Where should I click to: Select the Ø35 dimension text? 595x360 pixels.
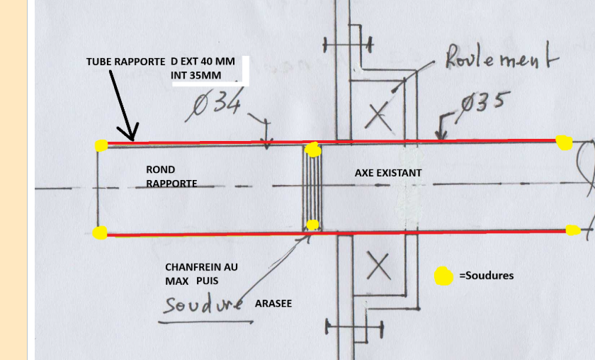482,103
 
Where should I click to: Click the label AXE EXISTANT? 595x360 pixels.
387,172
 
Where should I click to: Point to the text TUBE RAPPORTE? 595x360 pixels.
125,62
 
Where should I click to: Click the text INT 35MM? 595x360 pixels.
195,74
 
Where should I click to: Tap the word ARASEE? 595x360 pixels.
273,303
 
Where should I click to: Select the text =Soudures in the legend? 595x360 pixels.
486,276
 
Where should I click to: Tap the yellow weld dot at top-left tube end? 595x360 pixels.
101,145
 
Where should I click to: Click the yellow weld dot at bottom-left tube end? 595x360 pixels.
101,232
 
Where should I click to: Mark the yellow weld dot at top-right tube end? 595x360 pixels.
564,142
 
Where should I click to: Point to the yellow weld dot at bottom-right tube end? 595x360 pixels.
573,230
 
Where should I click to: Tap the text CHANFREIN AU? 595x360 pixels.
201,267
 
